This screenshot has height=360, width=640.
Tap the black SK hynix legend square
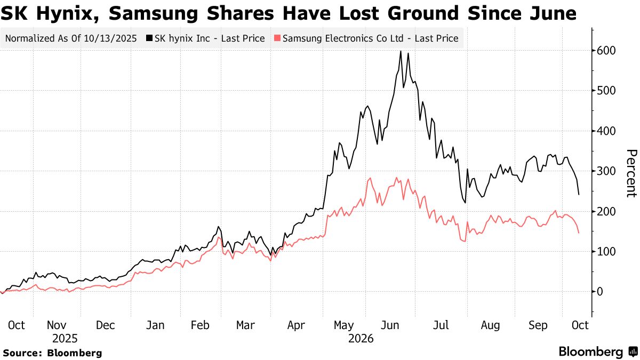pos(149,38)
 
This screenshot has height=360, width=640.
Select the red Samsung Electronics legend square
pos(277,38)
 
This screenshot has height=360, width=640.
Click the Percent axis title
pos(631,173)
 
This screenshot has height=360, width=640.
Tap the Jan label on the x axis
pos(155,325)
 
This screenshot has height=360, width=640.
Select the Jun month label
pos(390,325)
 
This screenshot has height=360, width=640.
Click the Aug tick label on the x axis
pos(490,325)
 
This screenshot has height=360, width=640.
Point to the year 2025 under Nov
pos(65,339)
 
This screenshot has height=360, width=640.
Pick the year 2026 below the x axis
pos(361,339)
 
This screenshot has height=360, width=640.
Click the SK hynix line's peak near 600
pos(401,51)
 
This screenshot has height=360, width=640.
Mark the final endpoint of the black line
pos(579,195)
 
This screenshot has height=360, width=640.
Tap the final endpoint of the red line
pos(579,233)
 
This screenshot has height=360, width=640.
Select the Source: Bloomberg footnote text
pos(52,353)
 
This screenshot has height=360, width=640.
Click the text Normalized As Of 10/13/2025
pos(71,38)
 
